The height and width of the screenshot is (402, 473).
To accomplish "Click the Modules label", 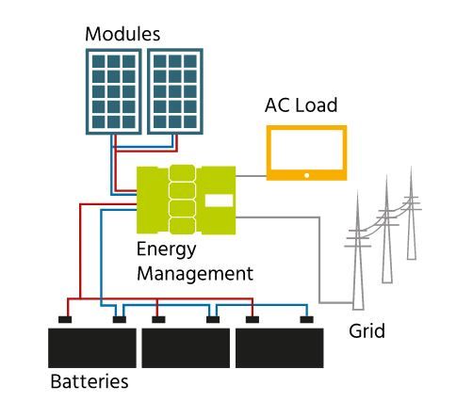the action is point(122,34).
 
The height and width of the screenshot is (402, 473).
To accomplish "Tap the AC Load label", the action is point(301,105).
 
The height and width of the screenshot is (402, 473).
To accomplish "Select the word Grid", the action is point(367,331).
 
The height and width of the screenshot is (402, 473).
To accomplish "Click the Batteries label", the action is point(90,381).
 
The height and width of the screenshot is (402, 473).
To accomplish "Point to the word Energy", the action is point(166,250).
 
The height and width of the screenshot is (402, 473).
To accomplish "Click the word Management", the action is point(195,274).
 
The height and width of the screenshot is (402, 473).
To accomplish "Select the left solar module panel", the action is point(114,91).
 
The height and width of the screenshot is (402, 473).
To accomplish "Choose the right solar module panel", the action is point(175,91).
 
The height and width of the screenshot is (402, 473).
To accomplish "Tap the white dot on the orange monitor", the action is point(307,175).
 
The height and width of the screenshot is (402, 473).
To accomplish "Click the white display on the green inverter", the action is point(219,201).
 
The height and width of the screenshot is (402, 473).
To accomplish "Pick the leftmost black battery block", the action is point(92,348).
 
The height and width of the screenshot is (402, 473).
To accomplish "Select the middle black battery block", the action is point(186,348).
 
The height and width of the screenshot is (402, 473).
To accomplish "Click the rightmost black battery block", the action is point(280,348).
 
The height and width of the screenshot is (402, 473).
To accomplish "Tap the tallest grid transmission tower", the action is point(358,251).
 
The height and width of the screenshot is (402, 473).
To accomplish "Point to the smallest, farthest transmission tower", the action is point(411,214).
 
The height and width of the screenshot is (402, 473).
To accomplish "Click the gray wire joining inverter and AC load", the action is point(251,176).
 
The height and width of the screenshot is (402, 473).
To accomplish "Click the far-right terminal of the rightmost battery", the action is point(306,320).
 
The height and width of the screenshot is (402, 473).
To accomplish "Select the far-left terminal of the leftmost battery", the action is point(65,320).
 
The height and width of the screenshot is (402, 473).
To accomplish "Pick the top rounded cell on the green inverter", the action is point(182,173).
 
